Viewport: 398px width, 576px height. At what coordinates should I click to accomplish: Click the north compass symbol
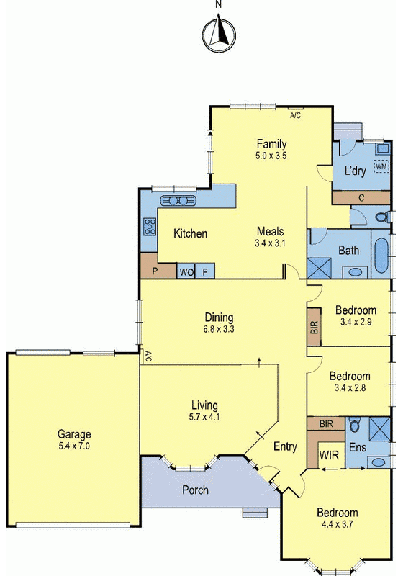pos(220,35)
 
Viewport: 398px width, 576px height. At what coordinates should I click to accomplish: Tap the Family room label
pos(272,143)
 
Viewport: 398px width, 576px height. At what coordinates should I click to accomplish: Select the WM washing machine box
pos(381,166)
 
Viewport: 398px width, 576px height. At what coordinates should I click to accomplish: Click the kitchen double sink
pos(178,201)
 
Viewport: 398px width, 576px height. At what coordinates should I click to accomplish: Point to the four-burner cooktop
pos(150,227)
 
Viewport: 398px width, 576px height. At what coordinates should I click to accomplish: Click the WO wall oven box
pos(186,271)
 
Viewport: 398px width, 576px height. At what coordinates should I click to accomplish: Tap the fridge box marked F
pos(205,271)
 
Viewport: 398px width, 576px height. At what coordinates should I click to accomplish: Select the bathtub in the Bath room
pos(381,256)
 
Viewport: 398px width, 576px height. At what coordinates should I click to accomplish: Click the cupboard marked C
pos(361,197)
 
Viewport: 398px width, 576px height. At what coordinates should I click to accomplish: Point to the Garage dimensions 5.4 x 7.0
pos(74,446)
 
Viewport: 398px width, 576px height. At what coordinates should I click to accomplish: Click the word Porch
pos(195,490)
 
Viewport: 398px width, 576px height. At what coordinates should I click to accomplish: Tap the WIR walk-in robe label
pos(330,455)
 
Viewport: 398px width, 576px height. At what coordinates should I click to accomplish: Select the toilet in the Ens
pos(355,425)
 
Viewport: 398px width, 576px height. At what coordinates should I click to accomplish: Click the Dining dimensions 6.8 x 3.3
pos(219,329)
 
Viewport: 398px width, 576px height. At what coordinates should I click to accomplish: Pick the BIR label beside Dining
pos(315,326)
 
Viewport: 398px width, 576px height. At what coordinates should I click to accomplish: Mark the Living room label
pos(204,405)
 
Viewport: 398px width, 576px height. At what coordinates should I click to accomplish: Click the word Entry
pos(285,446)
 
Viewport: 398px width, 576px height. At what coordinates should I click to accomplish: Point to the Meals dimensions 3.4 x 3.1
pos(270,243)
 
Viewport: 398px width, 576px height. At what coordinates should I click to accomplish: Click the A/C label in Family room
pos(296,115)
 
